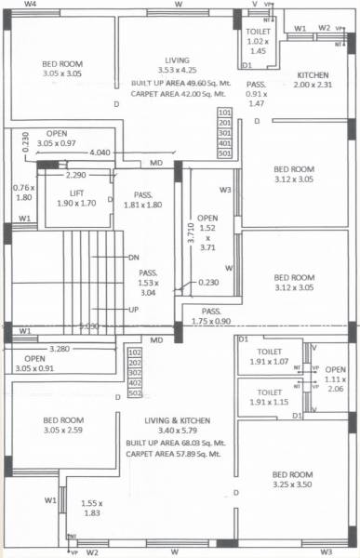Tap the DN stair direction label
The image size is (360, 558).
click(133, 258)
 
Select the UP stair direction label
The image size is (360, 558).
click(133, 308)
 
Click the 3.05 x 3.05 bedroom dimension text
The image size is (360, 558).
click(63, 73)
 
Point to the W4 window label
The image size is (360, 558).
click(31, 5)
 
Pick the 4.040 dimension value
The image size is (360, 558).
click(100, 152)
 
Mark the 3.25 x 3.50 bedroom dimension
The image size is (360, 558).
click(287, 485)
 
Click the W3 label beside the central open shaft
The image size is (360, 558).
click(225, 190)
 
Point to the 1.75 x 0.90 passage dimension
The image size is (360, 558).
click(212, 320)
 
